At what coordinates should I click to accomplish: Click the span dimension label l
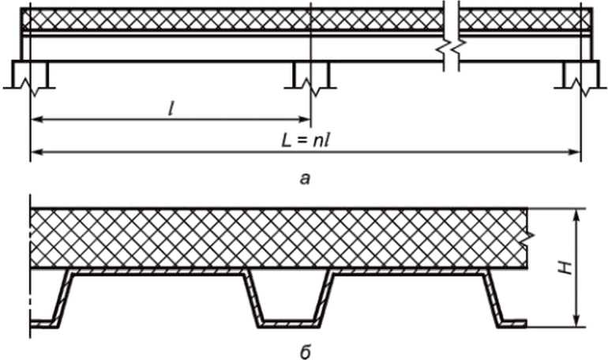[171, 110]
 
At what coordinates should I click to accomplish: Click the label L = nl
[305, 141]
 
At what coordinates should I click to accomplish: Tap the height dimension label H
[567, 268]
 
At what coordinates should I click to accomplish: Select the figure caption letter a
[305, 178]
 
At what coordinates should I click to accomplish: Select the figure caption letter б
[305, 353]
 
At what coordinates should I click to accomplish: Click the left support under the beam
[30, 77]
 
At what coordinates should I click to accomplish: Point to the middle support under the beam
[311, 77]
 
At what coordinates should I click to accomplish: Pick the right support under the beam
[581, 77]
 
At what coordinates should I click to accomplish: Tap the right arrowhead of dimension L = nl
[575, 152]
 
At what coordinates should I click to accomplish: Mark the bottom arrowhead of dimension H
[577, 321]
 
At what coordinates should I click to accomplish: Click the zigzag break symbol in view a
[451, 47]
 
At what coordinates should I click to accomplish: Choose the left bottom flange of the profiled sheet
[43, 324]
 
